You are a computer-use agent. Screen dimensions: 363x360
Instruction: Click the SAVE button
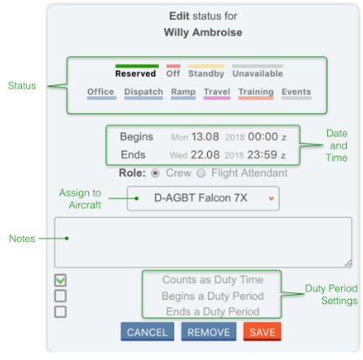pyautogui.click(x=262, y=332)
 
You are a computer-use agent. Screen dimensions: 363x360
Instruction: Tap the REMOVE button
pyautogui.click(x=209, y=332)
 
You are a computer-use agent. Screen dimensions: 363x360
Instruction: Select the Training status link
pyautogui.click(x=256, y=92)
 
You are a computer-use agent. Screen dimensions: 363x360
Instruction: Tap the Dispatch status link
pyautogui.click(x=143, y=92)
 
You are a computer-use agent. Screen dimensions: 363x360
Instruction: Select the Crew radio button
pyautogui.click(x=155, y=173)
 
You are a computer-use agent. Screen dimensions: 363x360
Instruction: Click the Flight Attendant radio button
pyautogui.click(x=201, y=173)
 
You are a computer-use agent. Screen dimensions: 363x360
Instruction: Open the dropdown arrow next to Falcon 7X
pyautogui.click(x=271, y=198)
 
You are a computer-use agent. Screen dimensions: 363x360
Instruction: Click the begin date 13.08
pyautogui.click(x=205, y=136)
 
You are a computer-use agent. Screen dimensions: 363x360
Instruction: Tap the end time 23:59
pyautogui.click(x=262, y=155)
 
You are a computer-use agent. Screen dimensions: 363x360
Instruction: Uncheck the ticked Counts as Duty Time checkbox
pyautogui.click(x=60, y=280)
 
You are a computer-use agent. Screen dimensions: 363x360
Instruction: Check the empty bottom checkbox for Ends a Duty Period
pyautogui.click(x=60, y=311)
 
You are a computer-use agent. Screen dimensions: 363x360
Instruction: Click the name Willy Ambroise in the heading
pyautogui.click(x=203, y=33)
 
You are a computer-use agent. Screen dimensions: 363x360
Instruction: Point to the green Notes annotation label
pyautogui.click(x=22, y=239)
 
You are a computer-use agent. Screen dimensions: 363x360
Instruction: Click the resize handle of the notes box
pyautogui.click(x=348, y=263)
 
